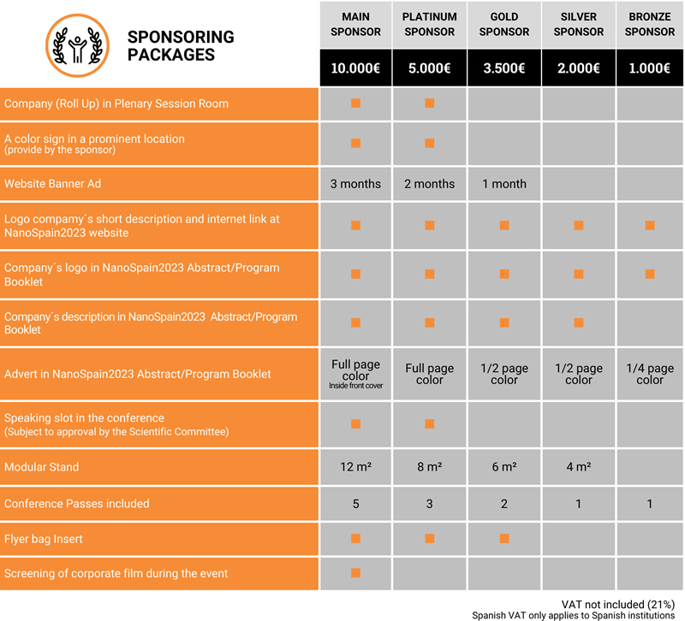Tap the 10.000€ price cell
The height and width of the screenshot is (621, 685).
(x=355, y=68)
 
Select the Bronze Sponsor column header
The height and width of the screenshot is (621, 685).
(x=650, y=24)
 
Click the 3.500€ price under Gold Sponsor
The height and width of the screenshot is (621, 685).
(x=504, y=68)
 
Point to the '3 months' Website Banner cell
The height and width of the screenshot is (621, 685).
(x=355, y=184)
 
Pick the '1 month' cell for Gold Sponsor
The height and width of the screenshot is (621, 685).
(x=504, y=184)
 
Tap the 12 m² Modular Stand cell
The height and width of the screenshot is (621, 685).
(x=355, y=468)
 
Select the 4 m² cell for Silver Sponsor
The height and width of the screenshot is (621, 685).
(x=579, y=468)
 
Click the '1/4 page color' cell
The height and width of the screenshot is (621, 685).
(x=650, y=375)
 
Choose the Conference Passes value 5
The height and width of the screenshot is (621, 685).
(x=355, y=504)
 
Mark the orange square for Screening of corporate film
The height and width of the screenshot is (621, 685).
(x=355, y=572)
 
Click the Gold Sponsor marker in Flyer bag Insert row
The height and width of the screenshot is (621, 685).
(x=504, y=538)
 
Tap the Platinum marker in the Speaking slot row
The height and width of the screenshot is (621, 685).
(x=430, y=423)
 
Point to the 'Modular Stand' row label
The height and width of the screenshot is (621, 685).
(x=41, y=468)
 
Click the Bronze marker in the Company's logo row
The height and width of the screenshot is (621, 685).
(x=650, y=274)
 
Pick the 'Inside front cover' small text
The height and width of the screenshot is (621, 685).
(x=355, y=387)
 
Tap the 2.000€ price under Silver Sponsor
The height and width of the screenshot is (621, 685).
(x=579, y=68)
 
